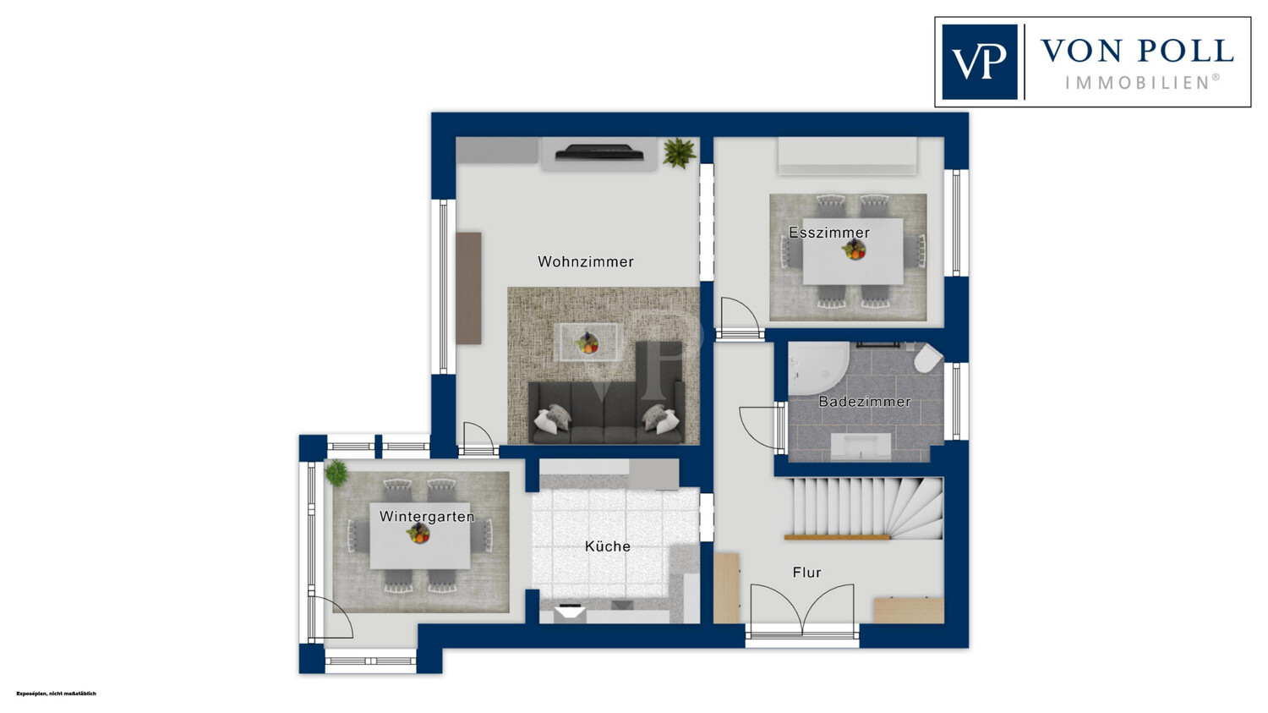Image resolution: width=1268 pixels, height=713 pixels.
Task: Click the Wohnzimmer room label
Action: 585,261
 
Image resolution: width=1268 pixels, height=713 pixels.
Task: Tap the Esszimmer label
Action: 829,233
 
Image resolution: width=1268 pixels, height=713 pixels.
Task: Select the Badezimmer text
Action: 865,402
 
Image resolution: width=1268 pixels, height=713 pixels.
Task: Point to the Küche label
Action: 608,546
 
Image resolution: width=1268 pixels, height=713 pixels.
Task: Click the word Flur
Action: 806,573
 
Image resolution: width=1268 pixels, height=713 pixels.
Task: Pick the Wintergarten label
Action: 427,517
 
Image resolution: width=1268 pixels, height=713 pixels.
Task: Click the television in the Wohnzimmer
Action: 598,152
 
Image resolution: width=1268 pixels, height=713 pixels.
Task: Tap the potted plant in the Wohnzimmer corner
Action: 680,153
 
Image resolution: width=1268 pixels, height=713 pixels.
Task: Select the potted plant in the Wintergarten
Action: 336,473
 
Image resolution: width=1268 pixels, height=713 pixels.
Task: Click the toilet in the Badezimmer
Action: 928,359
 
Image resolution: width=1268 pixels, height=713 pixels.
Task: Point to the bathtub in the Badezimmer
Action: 818,368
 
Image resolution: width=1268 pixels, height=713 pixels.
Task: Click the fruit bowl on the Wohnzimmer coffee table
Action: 588,343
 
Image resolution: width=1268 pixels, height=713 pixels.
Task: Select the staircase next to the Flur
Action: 863,508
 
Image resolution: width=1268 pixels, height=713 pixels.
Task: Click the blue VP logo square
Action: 979,62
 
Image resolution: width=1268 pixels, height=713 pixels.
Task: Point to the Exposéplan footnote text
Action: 56,694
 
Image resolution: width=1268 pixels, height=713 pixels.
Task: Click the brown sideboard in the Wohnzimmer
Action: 468,288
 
